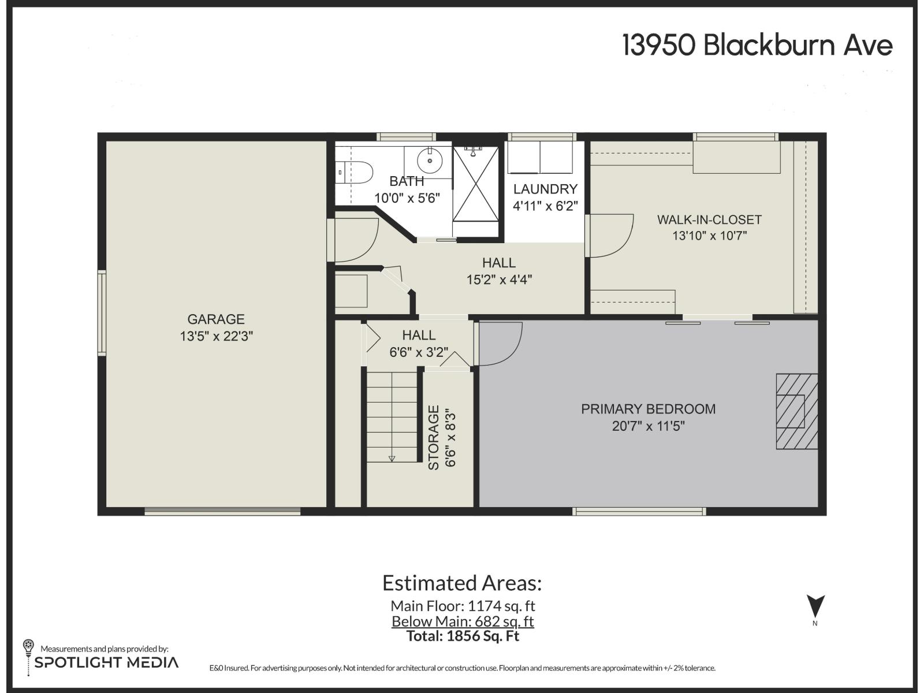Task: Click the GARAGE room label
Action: point(216,319)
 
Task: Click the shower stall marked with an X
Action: point(475,184)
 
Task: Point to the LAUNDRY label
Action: point(545,189)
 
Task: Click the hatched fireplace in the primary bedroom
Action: point(796,411)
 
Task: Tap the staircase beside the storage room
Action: point(392,416)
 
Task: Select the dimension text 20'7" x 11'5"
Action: point(648,426)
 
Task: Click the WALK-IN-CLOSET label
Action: point(709,220)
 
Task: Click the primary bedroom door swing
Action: point(500,344)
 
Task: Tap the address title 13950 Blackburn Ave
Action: point(757,45)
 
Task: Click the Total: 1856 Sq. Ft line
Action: point(463,636)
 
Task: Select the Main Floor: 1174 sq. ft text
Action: point(463,606)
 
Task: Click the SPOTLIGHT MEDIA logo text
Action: point(106,662)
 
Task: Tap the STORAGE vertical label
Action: point(434,437)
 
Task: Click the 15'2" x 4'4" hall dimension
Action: point(499,280)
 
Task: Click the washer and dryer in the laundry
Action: point(540,157)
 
